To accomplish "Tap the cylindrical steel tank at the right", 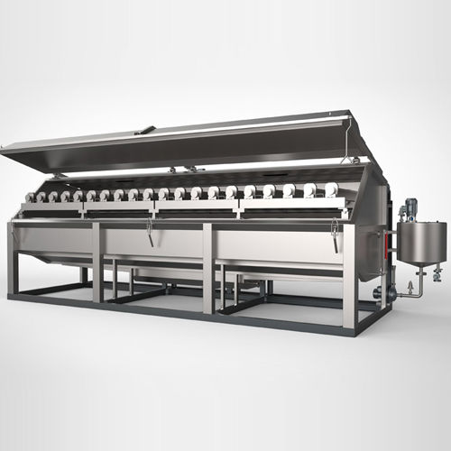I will pyautogui.click(x=420, y=242).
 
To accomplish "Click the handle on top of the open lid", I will pyautogui.click(x=143, y=131).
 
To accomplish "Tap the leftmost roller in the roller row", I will pyautogui.click(x=30, y=197).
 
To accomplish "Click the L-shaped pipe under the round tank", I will pyautogui.click(x=410, y=288).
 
